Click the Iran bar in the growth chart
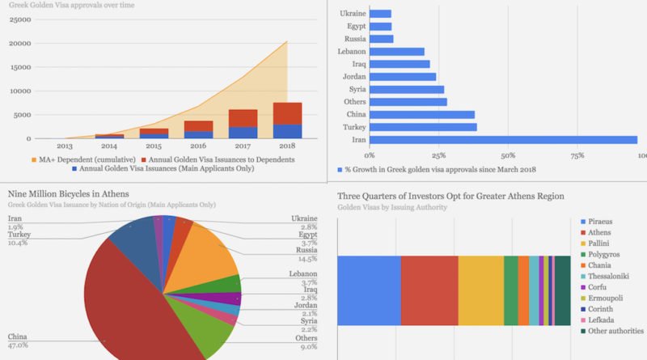(x=501, y=140)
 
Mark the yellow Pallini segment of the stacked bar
(x=480, y=291)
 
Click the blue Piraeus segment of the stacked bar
(x=368, y=291)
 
